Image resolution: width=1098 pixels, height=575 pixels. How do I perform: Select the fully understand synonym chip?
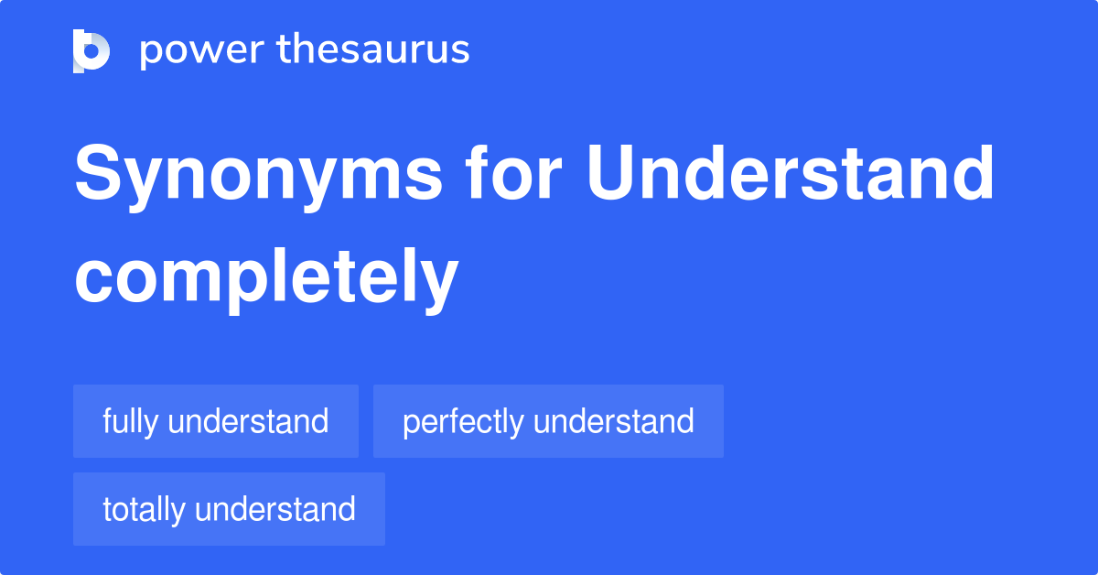tap(216, 421)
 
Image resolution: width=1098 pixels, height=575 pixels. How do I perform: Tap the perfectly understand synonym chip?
tap(548, 421)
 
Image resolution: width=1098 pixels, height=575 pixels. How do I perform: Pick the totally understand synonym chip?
tap(229, 509)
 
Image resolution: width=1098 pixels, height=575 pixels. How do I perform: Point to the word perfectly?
tap(463, 422)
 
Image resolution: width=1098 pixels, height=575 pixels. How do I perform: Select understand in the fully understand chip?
tap(249, 421)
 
